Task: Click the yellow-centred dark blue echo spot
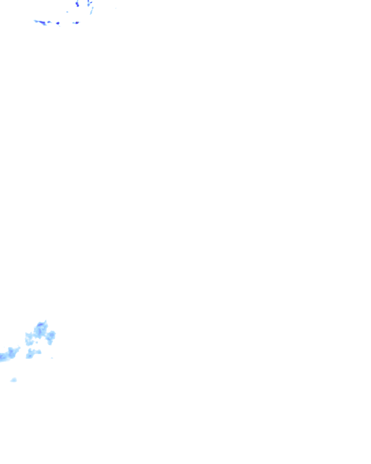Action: click(x=77, y=22)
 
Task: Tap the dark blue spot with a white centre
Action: click(x=58, y=23)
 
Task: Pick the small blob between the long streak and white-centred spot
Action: click(x=49, y=22)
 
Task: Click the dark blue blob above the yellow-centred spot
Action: click(x=77, y=4)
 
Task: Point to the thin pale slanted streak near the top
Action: click(x=92, y=11)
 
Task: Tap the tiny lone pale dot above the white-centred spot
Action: click(x=67, y=12)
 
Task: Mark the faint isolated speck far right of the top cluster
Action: click(x=116, y=8)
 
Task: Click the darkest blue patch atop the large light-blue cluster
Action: click(x=41, y=325)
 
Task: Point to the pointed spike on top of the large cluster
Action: click(x=46, y=321)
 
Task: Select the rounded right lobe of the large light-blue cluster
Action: click(x=51, y=335)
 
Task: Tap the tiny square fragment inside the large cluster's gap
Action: click(x=37, y=342)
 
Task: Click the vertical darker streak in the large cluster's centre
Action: click(x=39, y=332)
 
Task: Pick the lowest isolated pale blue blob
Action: click(x=14, y=380)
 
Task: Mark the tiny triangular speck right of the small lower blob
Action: click(x=52, y=358)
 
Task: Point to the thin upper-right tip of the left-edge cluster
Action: click(x=19, y=347)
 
